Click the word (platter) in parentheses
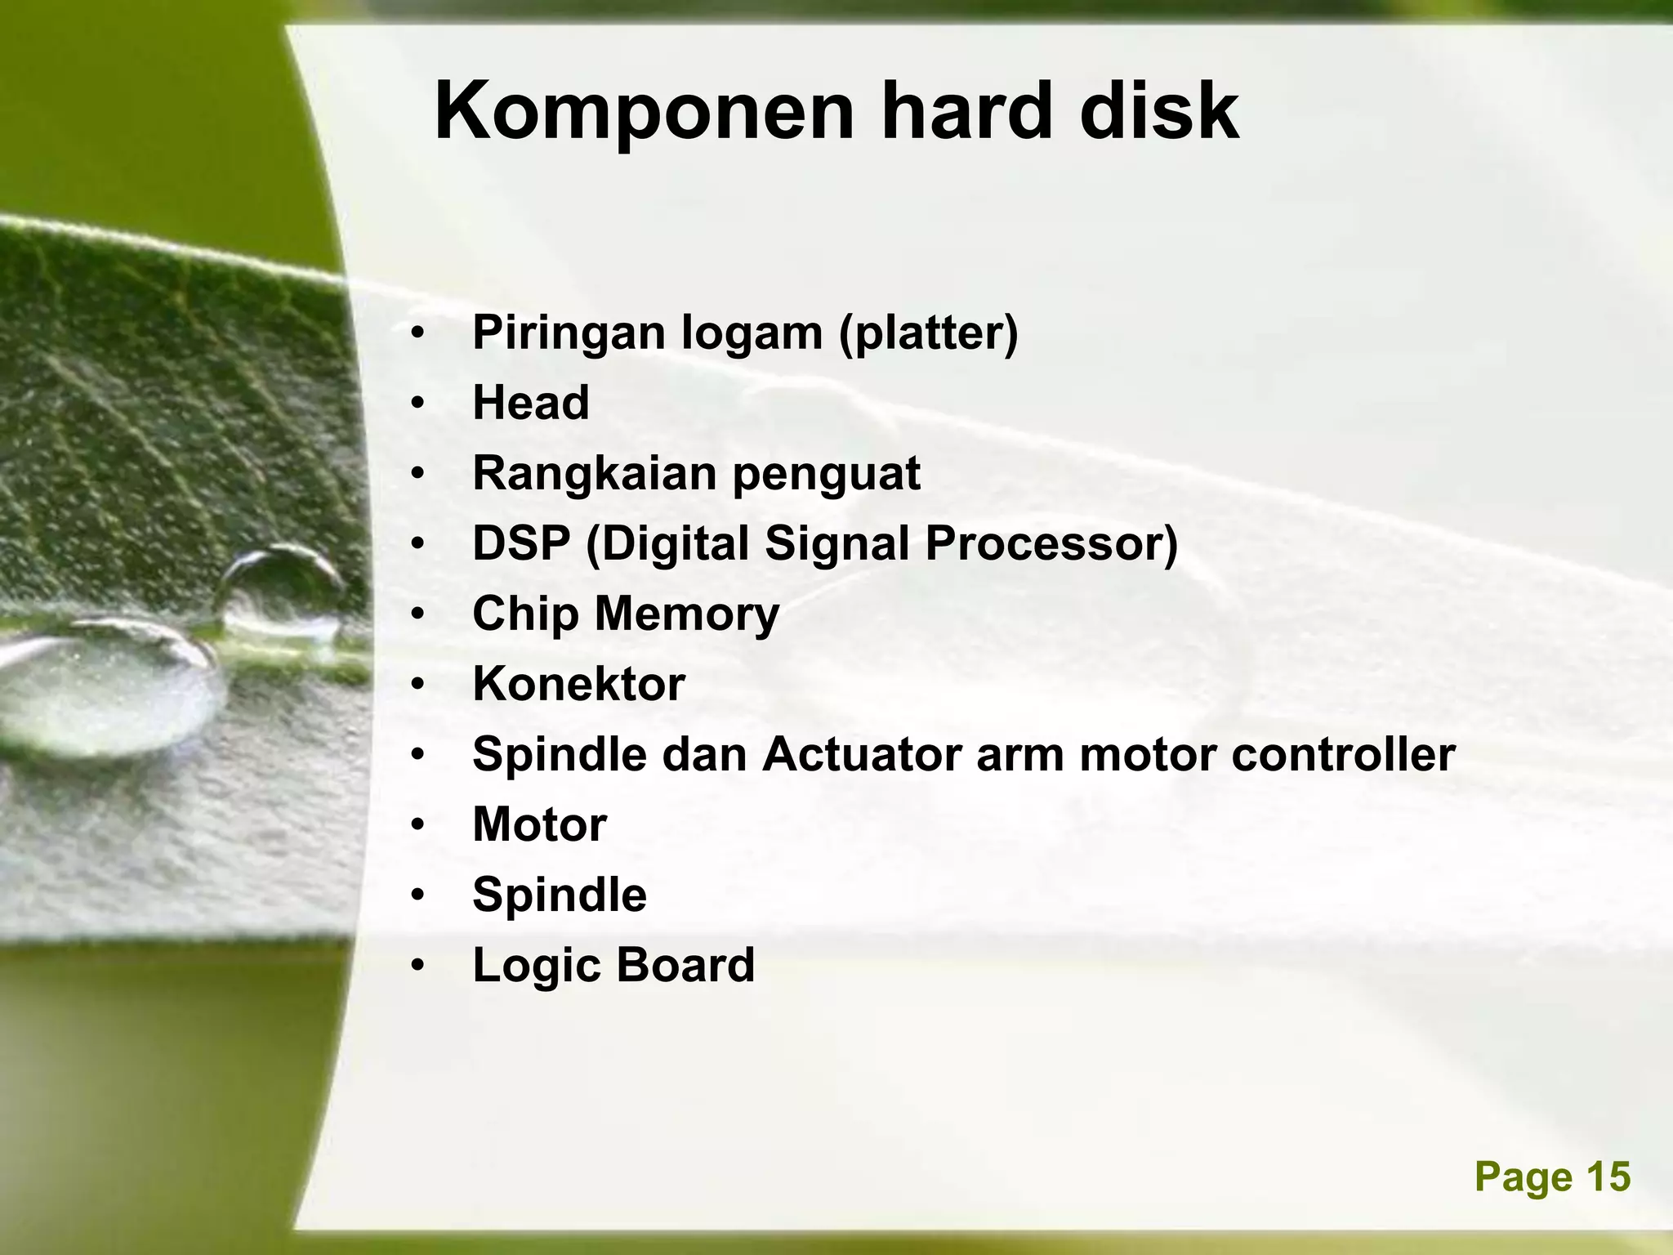[929, 334]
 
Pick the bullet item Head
[531, 403]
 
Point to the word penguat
[826, 474]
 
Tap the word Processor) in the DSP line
[1051, 543]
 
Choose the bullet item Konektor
[578, 684]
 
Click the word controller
[1343, 754]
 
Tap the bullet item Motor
[539, 824]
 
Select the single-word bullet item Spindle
[560, 895]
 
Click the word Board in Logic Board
[685, 965]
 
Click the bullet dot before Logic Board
[418, 967]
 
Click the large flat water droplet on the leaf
[106, 686]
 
